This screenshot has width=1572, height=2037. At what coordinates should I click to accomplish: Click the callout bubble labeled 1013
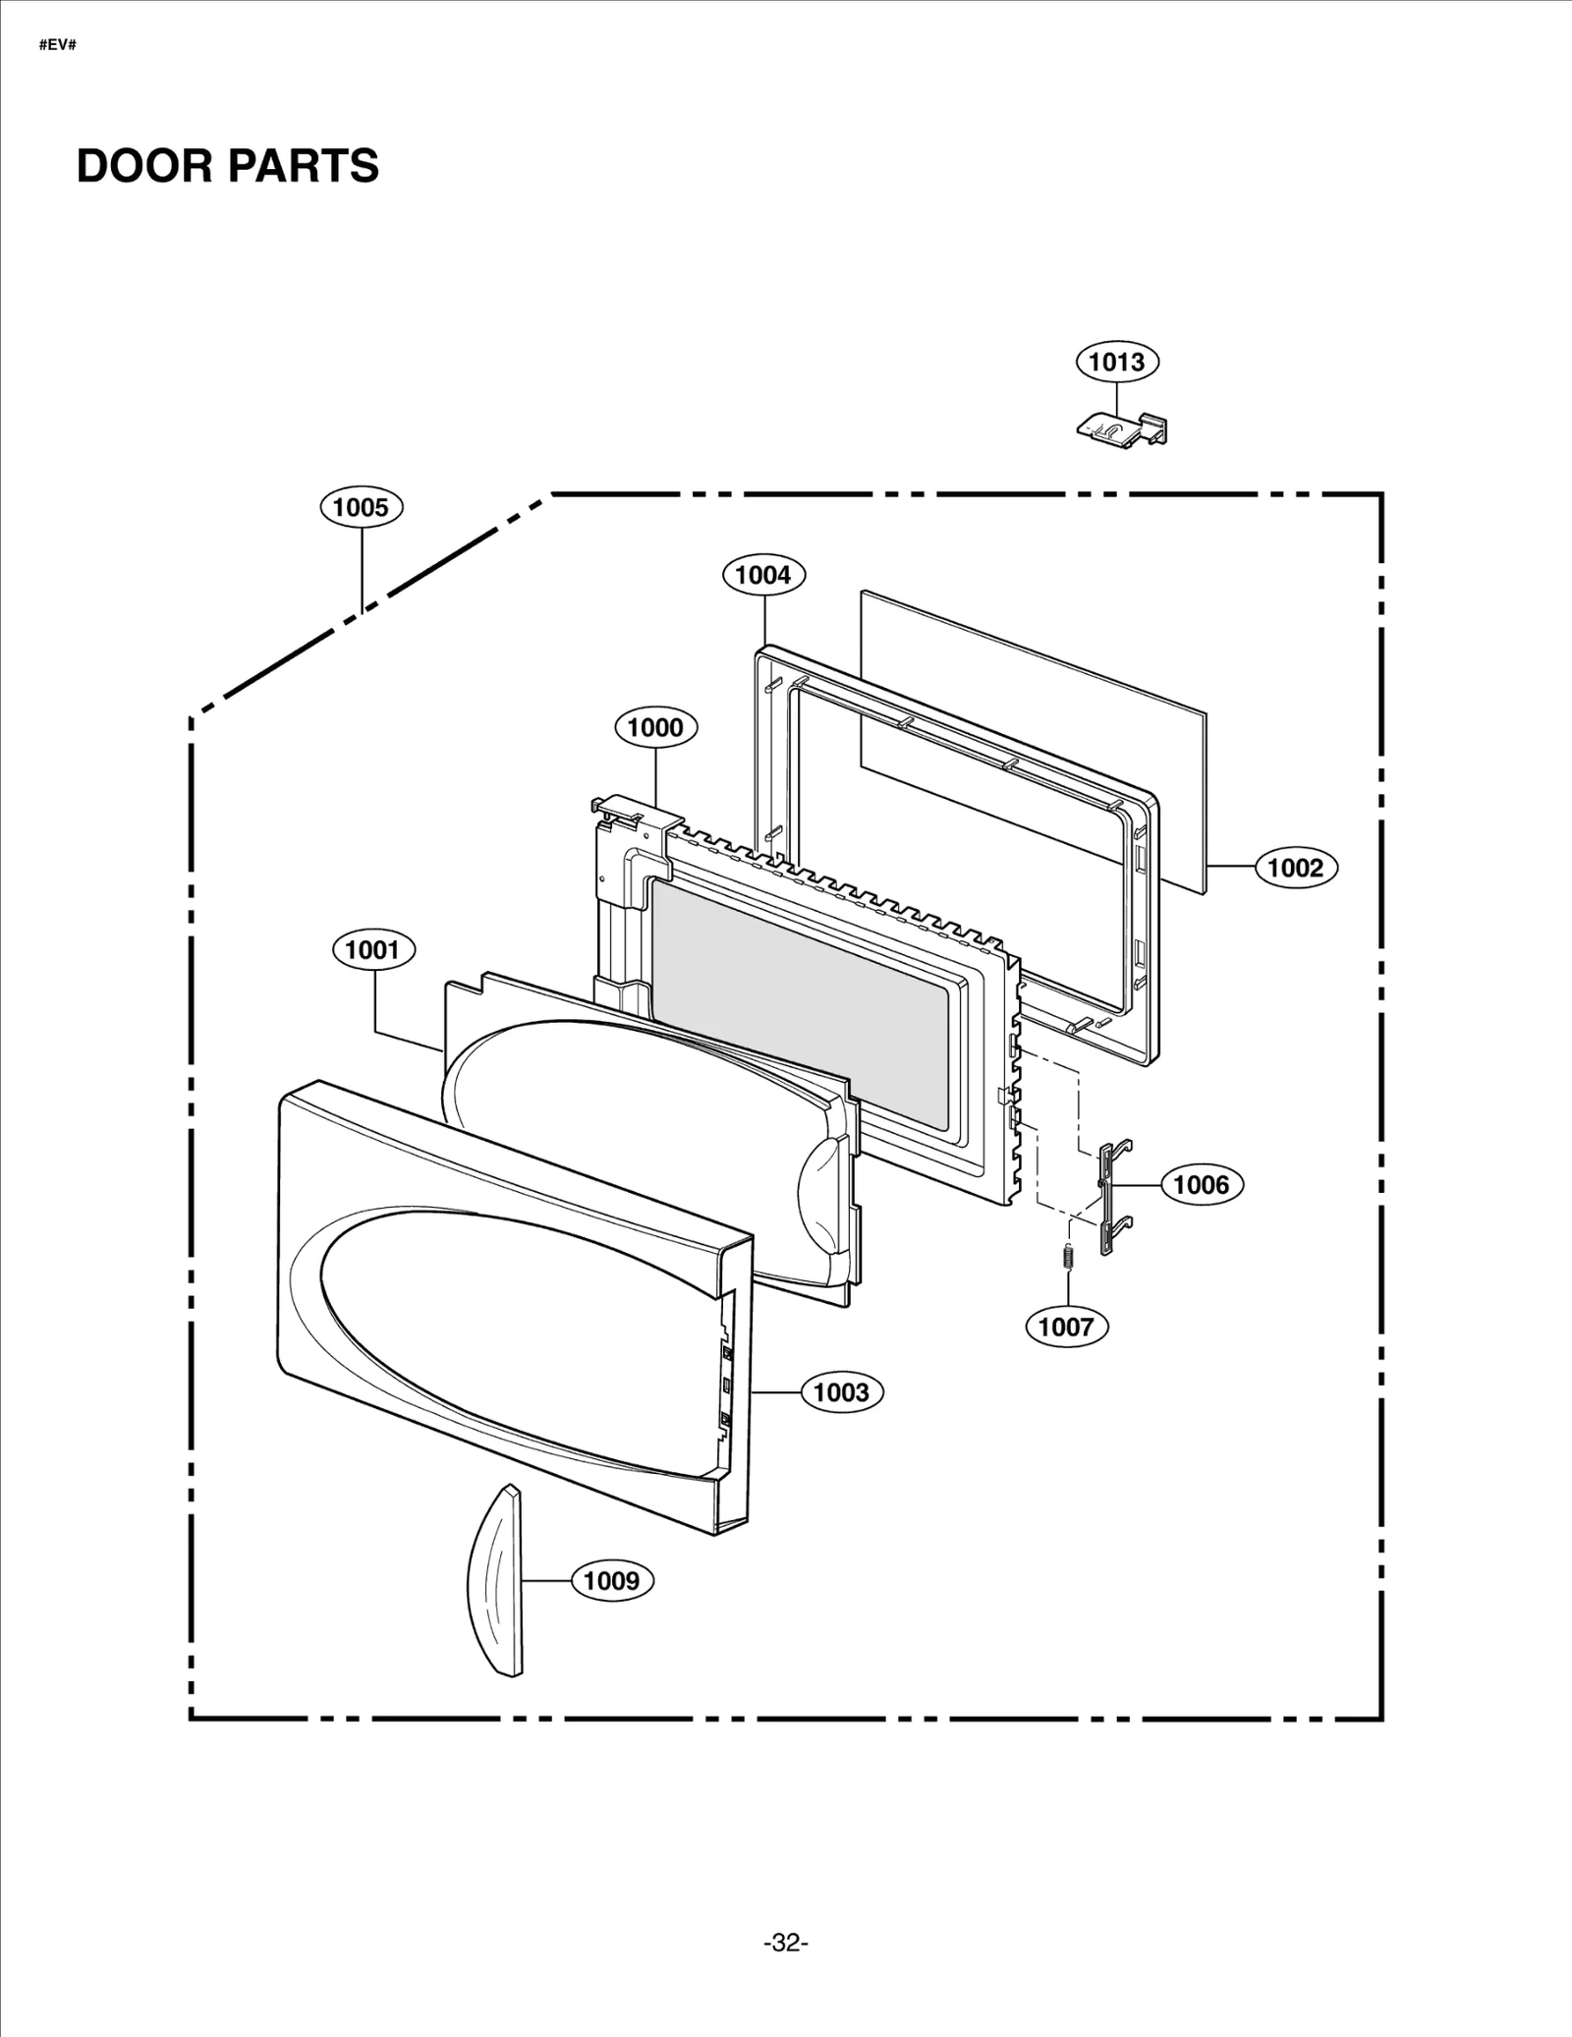pyautogui.click(x=1117, y=362)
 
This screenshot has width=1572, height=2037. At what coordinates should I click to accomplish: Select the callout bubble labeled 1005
pyautogui.click(x=361, y=507)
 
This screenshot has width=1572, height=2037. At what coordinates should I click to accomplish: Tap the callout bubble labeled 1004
pyautogui.click(x=763, y=575)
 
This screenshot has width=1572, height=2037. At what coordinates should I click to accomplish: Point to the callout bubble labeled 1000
pyautogui.click(x=655, y=727)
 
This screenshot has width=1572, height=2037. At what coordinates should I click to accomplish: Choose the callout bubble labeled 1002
pyautogui.click(x=1295, y=868)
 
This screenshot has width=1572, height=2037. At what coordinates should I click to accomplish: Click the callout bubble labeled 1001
pyautogui.click(x=373, y=950)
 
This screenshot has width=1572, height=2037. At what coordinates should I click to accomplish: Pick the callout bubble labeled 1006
pyautogui.click(x=1201, y=1184)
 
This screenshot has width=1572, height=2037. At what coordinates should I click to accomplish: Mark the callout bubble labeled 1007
pyautogui.click(x=1066, y=1327)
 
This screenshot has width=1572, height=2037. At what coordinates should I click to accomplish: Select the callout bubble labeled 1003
pyautogui.click(x=841, y=1392)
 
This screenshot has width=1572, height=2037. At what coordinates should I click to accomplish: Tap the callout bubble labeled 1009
pyautogui.click(x=611, y=1580)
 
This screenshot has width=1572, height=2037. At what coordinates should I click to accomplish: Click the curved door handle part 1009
pyautogui.click(x=498, y=1582)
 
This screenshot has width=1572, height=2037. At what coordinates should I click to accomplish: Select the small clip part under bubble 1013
pyautogui.click(x=1120, y=428)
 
